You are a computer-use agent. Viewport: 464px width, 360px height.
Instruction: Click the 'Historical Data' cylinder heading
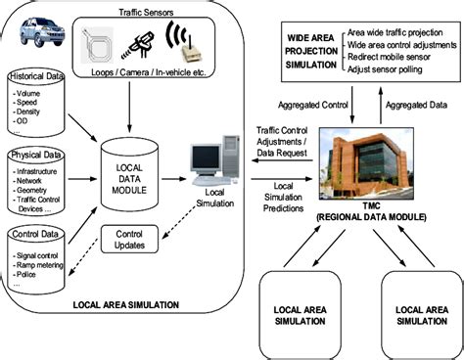pos(38,76)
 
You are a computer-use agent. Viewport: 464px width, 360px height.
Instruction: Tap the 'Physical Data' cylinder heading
pos(35,156)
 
